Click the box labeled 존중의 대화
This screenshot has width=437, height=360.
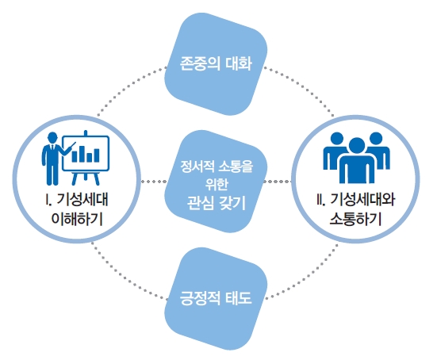[x=216, y=63]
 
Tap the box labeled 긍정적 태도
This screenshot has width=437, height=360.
[x=216, y=299]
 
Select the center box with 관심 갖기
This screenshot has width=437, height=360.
[x=216, y=182]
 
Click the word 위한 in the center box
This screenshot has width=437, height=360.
[x=216, y=184]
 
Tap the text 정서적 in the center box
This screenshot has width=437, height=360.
[x=197, y=167]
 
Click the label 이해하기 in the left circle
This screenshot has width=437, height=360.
[x=77, y=218]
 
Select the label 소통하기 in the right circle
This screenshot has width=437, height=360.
[x=355, y=218]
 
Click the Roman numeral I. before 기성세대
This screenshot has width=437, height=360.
[x=48, y=200]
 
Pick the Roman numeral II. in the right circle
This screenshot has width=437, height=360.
[x=320, y=200]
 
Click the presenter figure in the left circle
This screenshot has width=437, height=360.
[x=53, y=159]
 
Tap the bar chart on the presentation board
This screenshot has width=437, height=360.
[x=86, y=154]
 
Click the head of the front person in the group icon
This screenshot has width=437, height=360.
[x=356, y=146]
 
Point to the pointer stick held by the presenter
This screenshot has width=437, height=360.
[x=69, y=147]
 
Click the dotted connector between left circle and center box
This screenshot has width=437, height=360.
[x=153, y=182]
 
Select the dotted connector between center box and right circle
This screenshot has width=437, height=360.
[x=278, y=182]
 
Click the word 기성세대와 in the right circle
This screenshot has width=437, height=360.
[x=362, y=200]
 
